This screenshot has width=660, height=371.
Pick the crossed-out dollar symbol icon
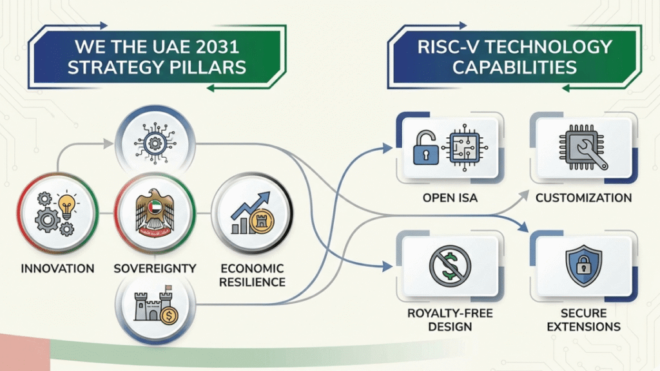[450, 265]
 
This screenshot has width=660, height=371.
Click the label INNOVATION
[58, 268]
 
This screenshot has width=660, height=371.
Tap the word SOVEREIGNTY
[155, 268]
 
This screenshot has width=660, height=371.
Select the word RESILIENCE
[253, 282]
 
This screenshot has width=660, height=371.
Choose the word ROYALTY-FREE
[449, 312]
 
